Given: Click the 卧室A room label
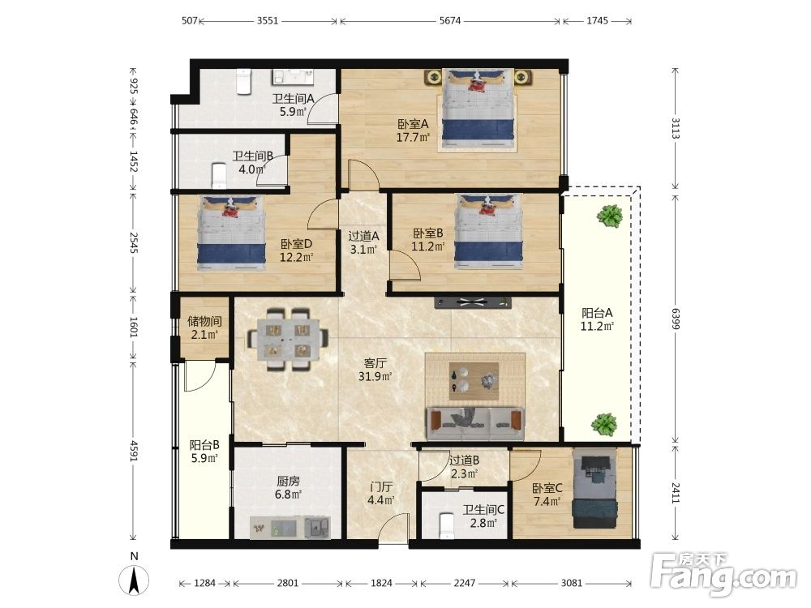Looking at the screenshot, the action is coord(413,124).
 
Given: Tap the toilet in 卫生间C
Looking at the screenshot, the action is coord(445,526).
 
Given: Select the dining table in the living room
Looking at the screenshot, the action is coord(288,339).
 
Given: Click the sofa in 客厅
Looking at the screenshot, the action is coord(475,424).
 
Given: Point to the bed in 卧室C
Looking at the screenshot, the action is coord(594,488).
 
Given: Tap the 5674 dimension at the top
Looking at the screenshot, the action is coord(450,21).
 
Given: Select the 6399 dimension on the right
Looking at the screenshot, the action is coord(676,319).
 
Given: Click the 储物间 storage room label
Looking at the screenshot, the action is coord(204,321).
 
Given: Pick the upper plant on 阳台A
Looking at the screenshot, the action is coord(610,216).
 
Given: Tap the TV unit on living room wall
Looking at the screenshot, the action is coord(473,303).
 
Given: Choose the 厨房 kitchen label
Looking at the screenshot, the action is coord(288,482).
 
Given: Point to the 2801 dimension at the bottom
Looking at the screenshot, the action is coord(288,583).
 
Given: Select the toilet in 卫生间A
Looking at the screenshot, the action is coord(243,82).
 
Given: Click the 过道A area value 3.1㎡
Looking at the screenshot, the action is coord(363,249).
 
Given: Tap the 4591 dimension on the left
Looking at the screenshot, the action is coord(134,451).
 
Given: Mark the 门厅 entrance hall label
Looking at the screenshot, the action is coord(381,487).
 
